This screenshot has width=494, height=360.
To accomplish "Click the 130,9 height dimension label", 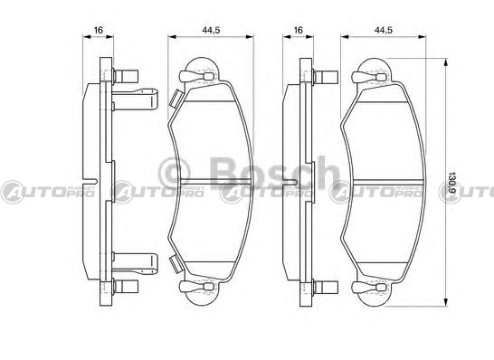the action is click(452, 182).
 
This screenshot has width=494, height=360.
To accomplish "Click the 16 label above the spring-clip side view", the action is click(99, 30).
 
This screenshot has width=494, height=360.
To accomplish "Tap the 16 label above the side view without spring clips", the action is click(298, 30).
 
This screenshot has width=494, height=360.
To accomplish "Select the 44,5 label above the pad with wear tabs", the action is click(211, 30).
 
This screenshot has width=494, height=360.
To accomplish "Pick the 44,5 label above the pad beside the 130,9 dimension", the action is click(384, 30).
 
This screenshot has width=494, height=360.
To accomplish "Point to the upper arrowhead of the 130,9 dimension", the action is click(445, 62).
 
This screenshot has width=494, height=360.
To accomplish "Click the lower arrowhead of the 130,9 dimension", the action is click(445, 301).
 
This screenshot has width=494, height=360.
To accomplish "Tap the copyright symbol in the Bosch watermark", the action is click(175, 173).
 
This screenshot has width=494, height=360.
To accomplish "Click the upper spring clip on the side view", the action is click(135, 99).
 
